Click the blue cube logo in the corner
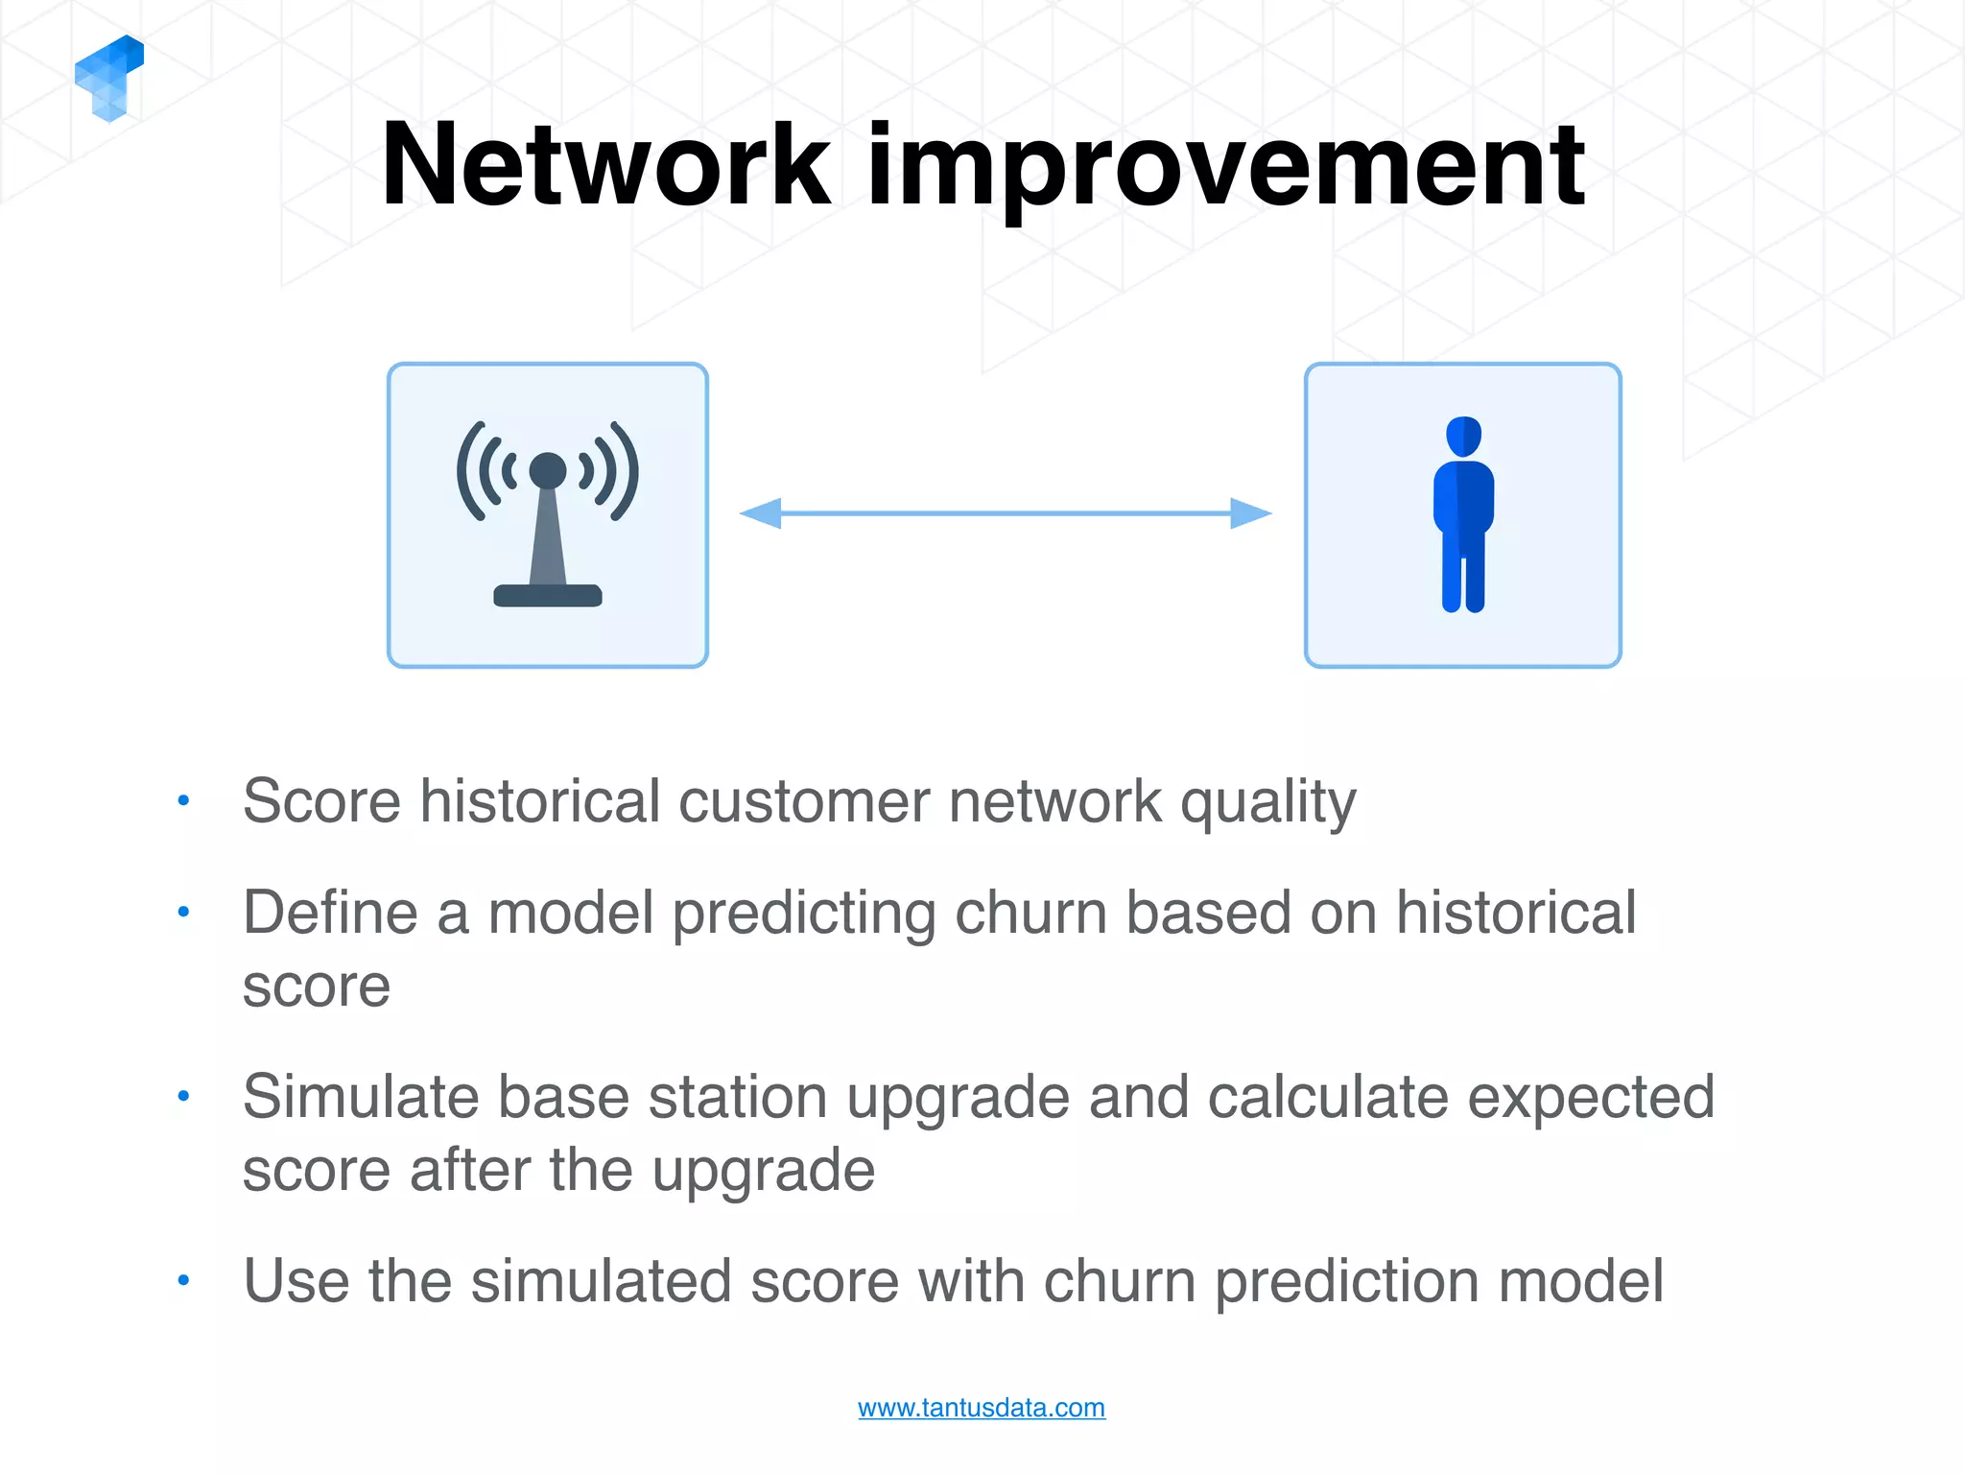coord(108,79)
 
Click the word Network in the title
coord(605,165)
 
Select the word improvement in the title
coord(1225,168)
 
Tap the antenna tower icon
coord(548,514)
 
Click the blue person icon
coord(1463,514)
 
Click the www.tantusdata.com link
coord(981,1408)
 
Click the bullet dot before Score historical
coord(183,800)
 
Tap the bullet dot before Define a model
coord(183,912)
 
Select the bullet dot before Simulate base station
coord(183,1096)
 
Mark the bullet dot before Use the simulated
coord(183,1280)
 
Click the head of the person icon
coord(1463,437)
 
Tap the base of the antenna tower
coord(548,596)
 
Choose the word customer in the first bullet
coord(804,801)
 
